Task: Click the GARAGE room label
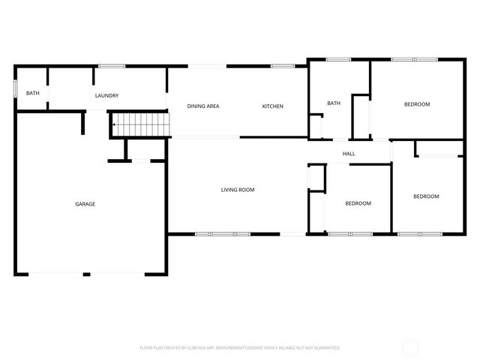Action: (85, 204)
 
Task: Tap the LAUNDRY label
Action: (106, 96)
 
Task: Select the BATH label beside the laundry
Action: (33, 93)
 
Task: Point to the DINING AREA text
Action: (203, 106)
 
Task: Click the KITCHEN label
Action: (272, 106)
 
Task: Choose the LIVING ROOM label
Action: (237, 190)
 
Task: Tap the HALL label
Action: (349, 154)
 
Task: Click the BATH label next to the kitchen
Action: (334, 103)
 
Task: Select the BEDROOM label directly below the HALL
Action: (358, 203)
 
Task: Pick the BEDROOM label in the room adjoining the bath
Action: (417, 104)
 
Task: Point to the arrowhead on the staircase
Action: (115, 124)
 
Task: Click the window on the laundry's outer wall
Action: (112, 66)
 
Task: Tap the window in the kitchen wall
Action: (282, 66)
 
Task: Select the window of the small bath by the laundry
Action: (15, 87)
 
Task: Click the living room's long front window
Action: (222, 234)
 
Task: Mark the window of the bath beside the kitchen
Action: (338, 59)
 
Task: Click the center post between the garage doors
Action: (86, 274)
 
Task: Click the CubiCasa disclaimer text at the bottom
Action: (240, 348)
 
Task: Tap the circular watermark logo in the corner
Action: (410, 347)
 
